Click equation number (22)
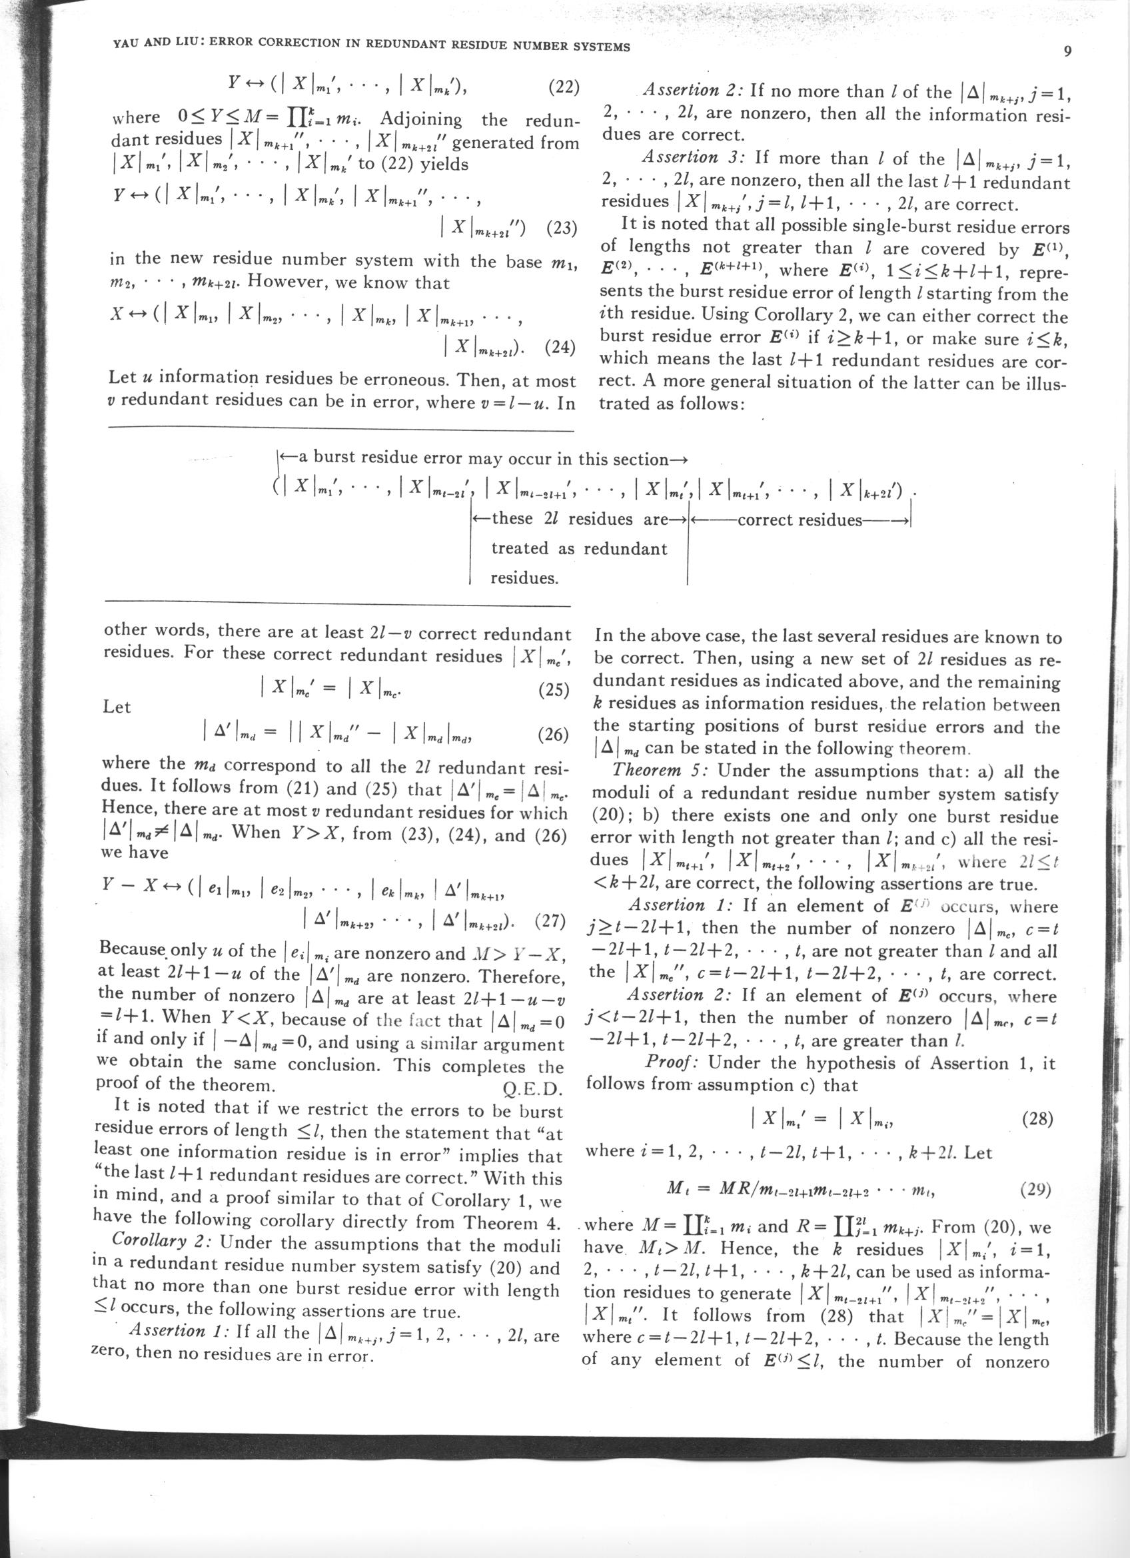click(x=564, y=87)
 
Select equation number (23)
click(x=560, y=228)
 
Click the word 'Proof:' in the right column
click(x=672, y=1062)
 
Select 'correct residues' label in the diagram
click(x=800, y=520)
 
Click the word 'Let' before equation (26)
click(x=116, y=707)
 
